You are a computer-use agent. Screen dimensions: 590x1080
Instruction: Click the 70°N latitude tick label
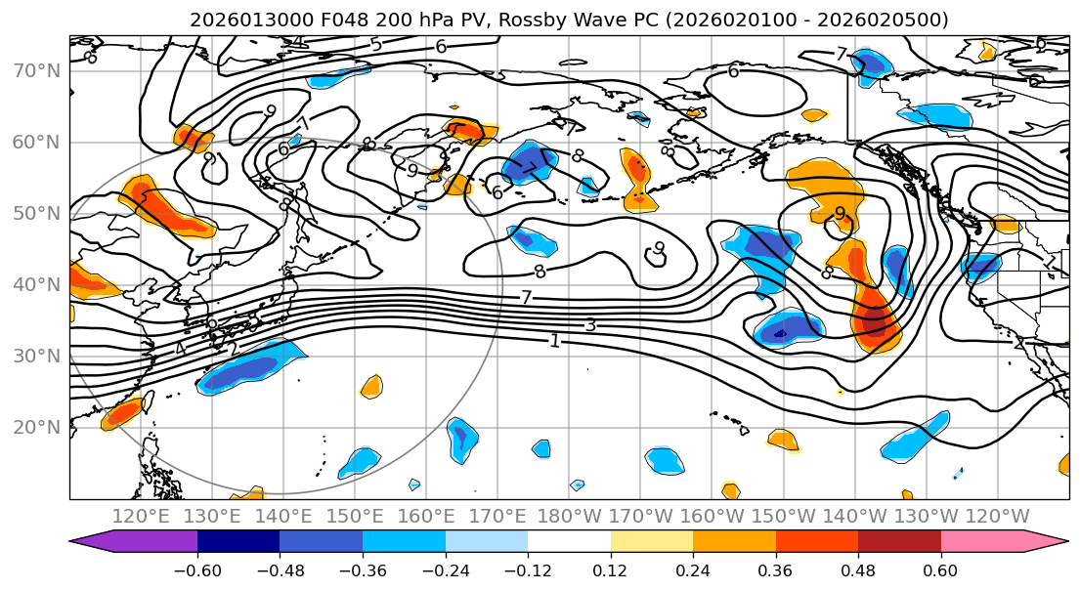pos(37,70)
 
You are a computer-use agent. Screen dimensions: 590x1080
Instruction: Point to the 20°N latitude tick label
pos(37,427)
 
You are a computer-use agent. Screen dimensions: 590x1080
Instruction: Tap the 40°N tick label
pos(37,284)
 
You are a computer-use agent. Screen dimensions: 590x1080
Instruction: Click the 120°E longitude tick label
pos(142,516)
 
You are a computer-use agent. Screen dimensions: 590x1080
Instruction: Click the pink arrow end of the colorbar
pos(1051,542)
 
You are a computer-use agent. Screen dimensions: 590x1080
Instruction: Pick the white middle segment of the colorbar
pos(569,542)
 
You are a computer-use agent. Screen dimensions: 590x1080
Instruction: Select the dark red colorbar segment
pos(899,542)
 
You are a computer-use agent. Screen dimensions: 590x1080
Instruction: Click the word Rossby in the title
pos(523,20)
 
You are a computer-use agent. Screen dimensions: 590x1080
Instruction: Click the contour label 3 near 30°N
pos(590,324)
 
